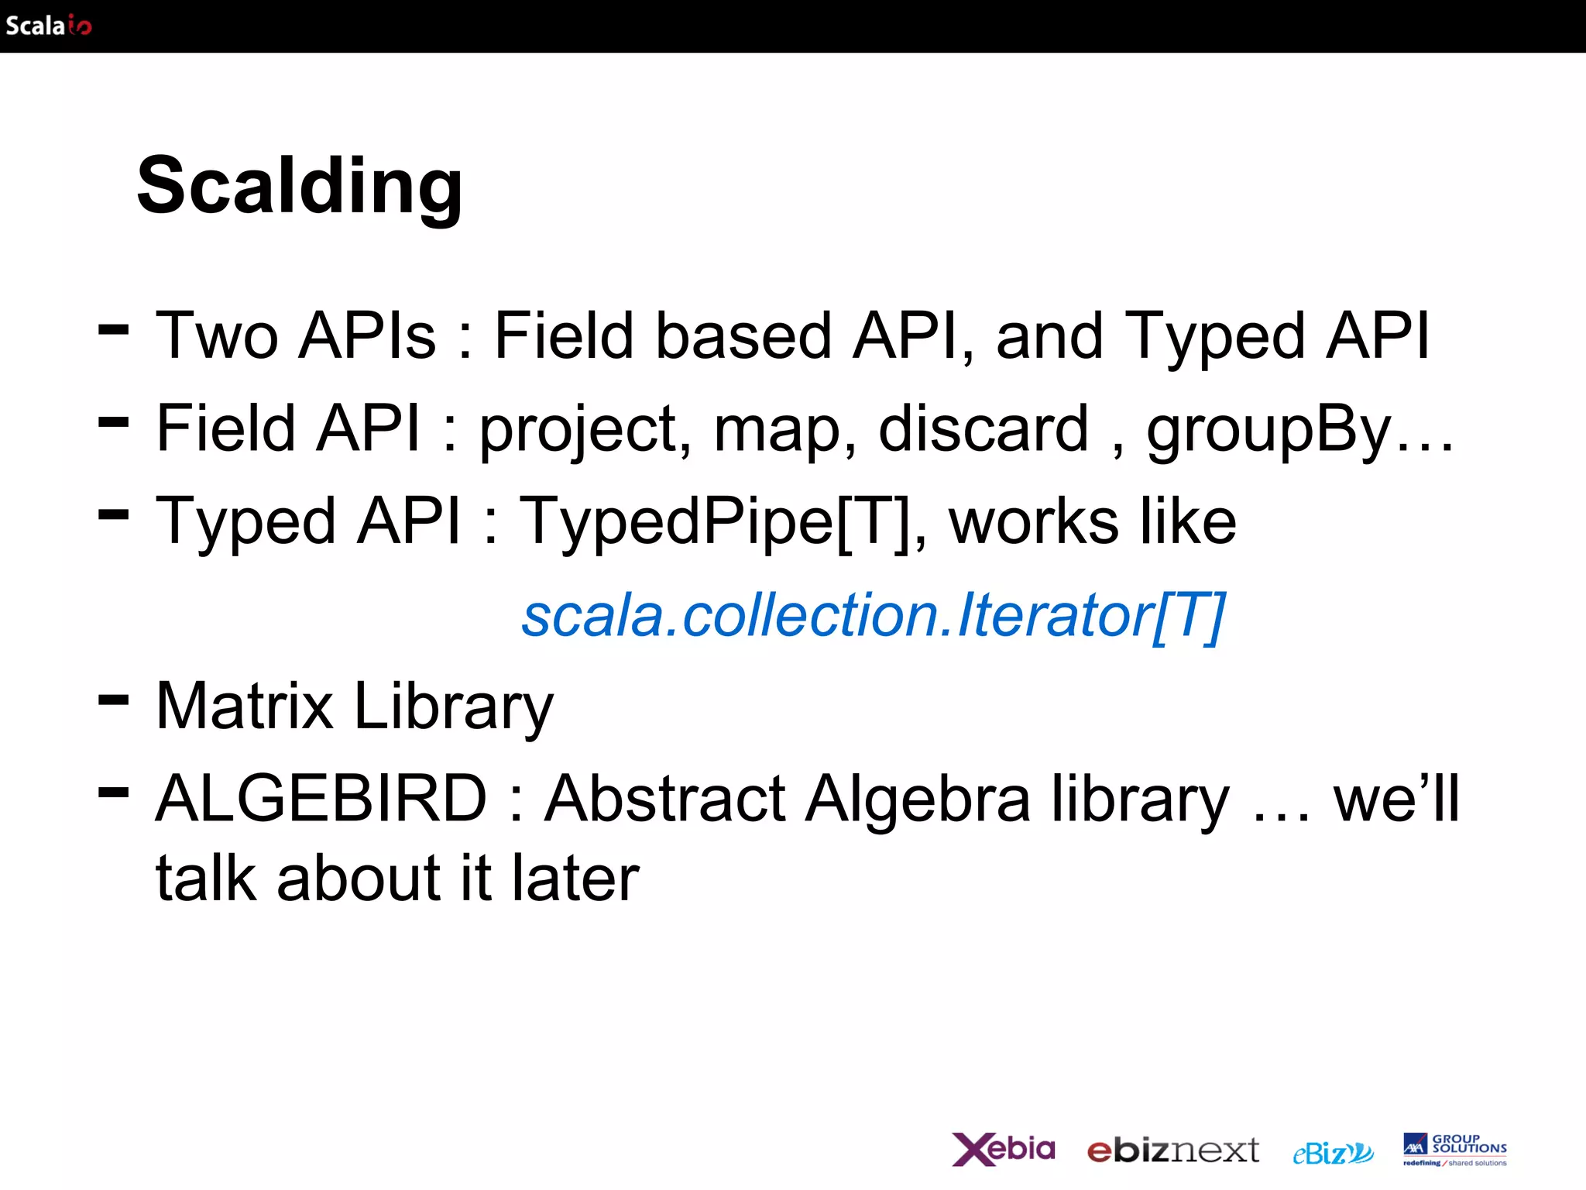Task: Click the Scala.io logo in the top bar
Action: (48, 26)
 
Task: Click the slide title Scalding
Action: (300, 186)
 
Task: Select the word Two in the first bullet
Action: (217, 335)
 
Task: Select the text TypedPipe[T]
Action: (716, 521)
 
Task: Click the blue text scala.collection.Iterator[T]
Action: (873, 615)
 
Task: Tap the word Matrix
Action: (245, 706)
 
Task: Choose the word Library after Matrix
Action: (454, 707)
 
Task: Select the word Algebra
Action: (918, 800)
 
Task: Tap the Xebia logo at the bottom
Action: (1003, 1149)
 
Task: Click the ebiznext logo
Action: (1172, 1150)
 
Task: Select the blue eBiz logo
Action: (1333, 1153)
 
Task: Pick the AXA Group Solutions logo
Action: (1454, 1149)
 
